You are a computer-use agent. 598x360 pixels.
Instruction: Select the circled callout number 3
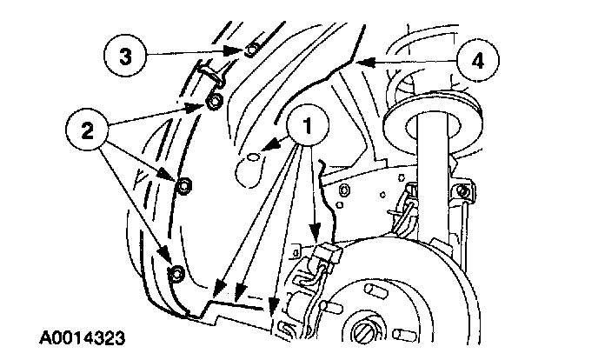point(127,57)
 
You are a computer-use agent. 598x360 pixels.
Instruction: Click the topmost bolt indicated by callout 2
point(213,106)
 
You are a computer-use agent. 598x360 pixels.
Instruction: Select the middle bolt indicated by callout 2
point(183,184)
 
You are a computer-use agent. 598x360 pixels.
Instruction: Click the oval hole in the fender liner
point(249,163)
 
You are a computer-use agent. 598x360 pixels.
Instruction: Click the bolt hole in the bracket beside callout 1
point(345,190)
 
